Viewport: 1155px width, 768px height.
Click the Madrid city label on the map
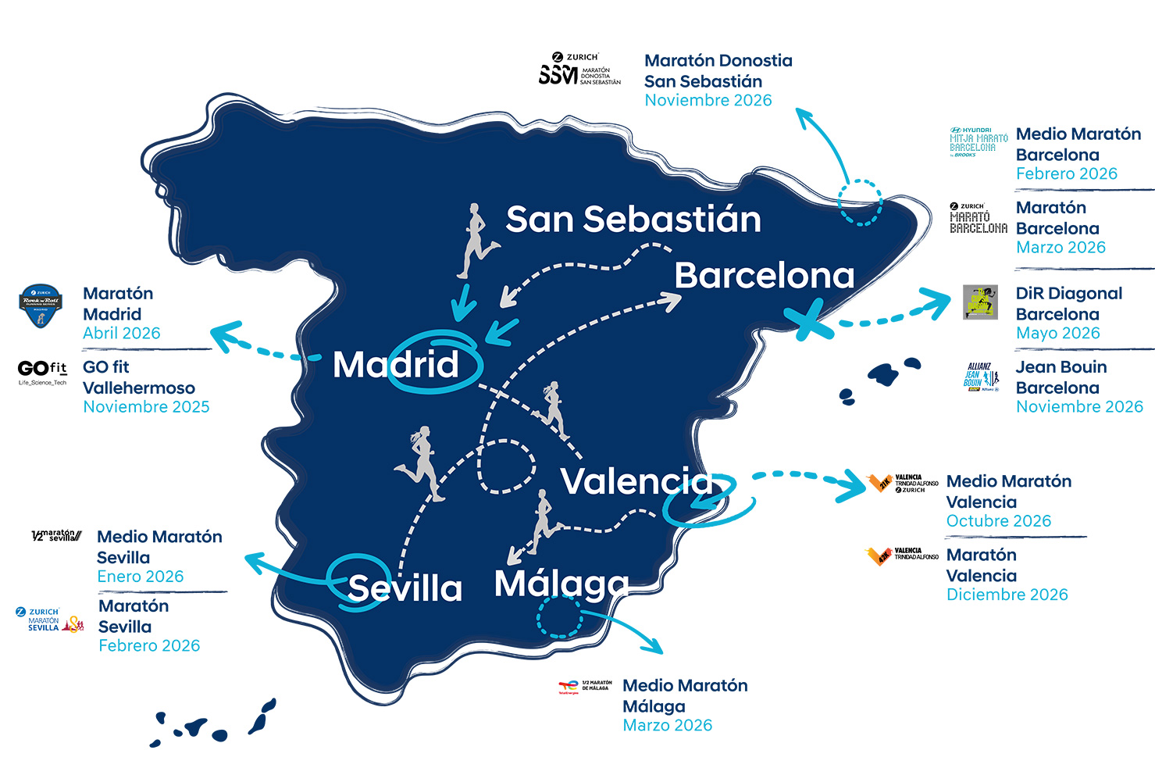pyautogui.click(x=396, y=365)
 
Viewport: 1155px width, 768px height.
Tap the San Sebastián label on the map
pyautogui.click(x=633, y=220)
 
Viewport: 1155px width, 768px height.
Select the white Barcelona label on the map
pyautogui.click(x=764, y=276)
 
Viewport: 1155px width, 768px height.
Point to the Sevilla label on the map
pyautogui.click(x=405, y=588)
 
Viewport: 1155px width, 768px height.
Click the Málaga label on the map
pyautogui.click(x=561, y=584)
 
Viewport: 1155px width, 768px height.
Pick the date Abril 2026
pyautogui.click(x=122, y=334)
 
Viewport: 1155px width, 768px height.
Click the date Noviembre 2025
pyautogui.click(x=146, y=407)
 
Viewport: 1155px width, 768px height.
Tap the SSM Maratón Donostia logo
pyautogui.click(x=579, y=70)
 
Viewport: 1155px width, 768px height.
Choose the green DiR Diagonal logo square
pyautogui.click(x=980, y=302)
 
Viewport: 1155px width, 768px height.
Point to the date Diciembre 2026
pyautogui.click(x=1007, y=595)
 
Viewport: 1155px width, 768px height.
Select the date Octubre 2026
pyautogui.click(x=998, y=521)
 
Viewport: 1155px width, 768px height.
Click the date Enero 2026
pyautogui.click(x=141, y=577)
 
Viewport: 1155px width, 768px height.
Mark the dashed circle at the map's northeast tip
pyautogui.click(x=860, y=202)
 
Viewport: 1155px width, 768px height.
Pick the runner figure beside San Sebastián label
pyautogui.click(x=476, y=241)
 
